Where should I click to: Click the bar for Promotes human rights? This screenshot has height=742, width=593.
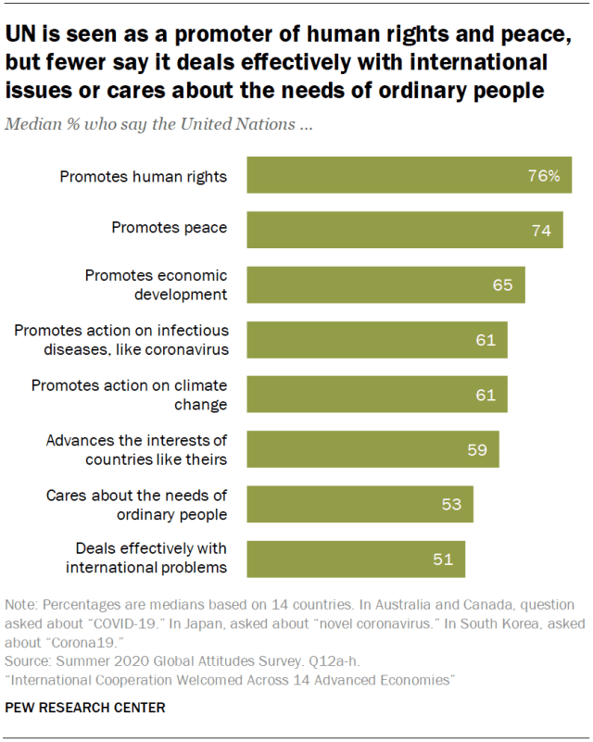click(408, 175)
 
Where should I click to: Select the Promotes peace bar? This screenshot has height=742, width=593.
click(404, 230)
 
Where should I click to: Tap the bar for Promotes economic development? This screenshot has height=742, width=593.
click(385, 284)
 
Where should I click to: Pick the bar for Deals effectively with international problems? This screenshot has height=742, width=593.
click(356, 559)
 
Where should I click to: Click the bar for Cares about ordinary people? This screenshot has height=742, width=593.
click(360, 504)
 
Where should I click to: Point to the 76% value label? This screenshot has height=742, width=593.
click(544, 175)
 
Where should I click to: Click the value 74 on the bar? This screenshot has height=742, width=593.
click(541, 230)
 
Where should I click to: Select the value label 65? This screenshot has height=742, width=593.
click(502, 284)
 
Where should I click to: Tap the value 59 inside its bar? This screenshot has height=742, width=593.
click(477, 449)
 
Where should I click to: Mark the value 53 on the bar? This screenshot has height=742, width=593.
click(451, 504)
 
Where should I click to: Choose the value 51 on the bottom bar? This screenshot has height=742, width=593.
click(442, 559)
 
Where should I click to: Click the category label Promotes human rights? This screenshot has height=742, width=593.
click(144, 175)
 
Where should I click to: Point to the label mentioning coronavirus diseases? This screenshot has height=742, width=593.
click(121, 339)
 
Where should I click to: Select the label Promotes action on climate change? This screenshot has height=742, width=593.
click(130, 395)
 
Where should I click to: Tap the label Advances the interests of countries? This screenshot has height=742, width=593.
click(137, 449)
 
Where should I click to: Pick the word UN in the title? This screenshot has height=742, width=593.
click(23, 37)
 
